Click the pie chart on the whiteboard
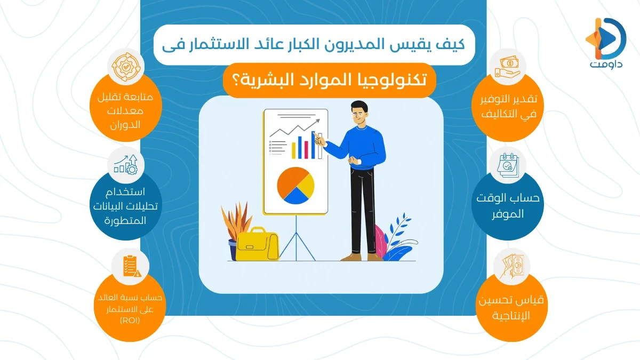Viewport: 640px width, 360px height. pyautogui.click(x=295, y=185)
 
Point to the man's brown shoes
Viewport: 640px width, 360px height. pyautogui.click(x=363, y=257)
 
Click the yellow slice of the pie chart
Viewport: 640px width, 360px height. pyautogui.click(x=305, y=183)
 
